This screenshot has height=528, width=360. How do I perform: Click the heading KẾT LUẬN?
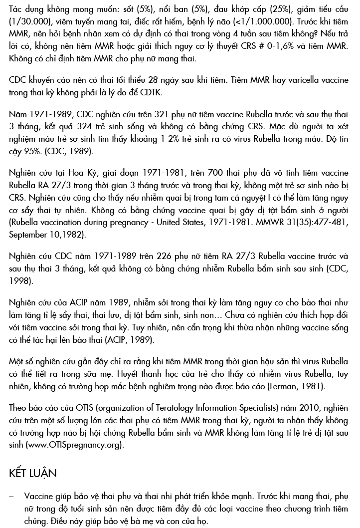tap(32, 473)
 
